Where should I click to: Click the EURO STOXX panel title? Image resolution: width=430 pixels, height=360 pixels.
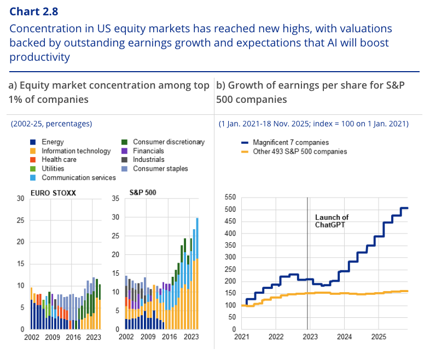tap(50, 194)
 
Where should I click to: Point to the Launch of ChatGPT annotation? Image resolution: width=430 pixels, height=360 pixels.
tap(332, 221)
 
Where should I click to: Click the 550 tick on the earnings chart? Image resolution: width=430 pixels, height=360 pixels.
tap(231, 198)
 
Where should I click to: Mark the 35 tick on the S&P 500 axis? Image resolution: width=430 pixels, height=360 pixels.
tap(115, 198)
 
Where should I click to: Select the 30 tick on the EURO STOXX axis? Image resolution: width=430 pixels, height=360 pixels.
tap(20, 198)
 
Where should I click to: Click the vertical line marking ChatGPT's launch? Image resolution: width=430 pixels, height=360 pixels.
tap(307, 263)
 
